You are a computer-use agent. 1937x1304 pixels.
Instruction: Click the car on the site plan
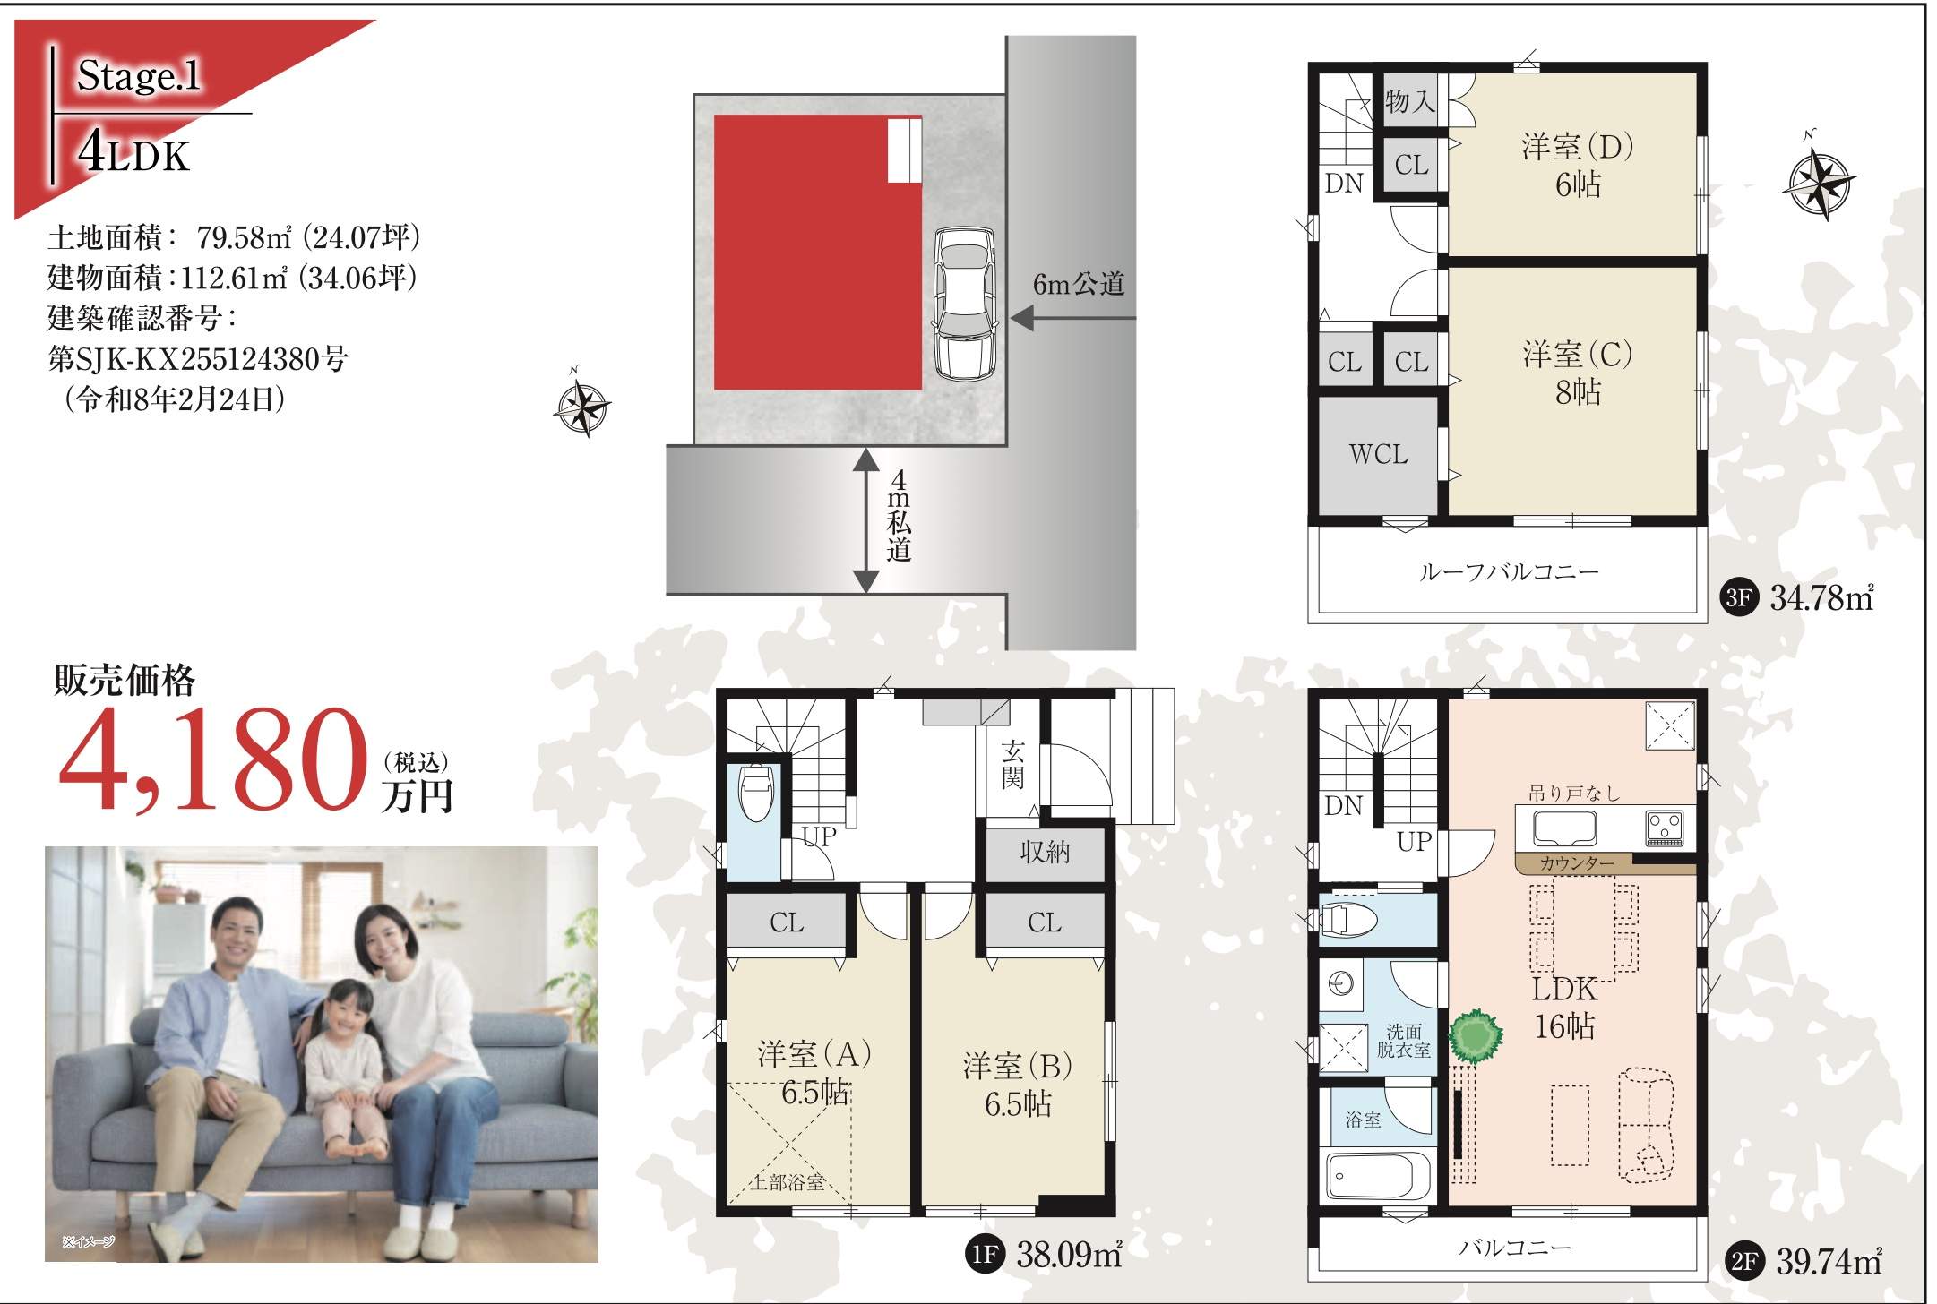pyautogui.click(x=964, y=304)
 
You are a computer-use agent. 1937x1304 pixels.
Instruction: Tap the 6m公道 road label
pyautogui.click(x=1078, y=285)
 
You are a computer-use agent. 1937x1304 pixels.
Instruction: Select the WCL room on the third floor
pyautogui.click(x=1378, y=455)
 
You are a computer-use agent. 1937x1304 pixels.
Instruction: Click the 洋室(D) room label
pyautogui.click(x=1578, y=146)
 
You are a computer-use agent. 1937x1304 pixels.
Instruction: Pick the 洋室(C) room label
pyautogui.click(x=1578, y=355)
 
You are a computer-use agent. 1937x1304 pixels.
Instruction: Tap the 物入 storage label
pyautogui.click(x=1410, y=102)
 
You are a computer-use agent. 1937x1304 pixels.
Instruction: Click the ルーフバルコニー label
pyautogui.click(x=1509, y=571)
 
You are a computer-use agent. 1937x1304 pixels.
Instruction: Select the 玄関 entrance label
pyautogui.click(x=1013, y=764)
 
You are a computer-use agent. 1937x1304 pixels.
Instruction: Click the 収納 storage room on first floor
pyautogui.click(x=1045, y=852)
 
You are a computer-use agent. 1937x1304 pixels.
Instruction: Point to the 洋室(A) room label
pyautogui.click(x=814, y=1054)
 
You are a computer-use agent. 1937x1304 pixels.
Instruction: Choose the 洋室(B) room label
pyautogui.click(x=1018, y=1066)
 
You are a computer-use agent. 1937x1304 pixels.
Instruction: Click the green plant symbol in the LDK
pyautogui.click(x=1476, y=1035)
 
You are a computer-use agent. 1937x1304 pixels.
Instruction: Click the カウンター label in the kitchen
pyautogui.click(x=1577, y=864)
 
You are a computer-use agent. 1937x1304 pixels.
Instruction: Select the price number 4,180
pyautogui.click(x=214, y=760)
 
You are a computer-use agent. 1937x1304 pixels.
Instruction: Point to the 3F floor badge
pyautogui.click(x=1739, y=597)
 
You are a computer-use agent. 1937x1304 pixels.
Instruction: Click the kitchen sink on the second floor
pyautogui.click(x=1564, y=828)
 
